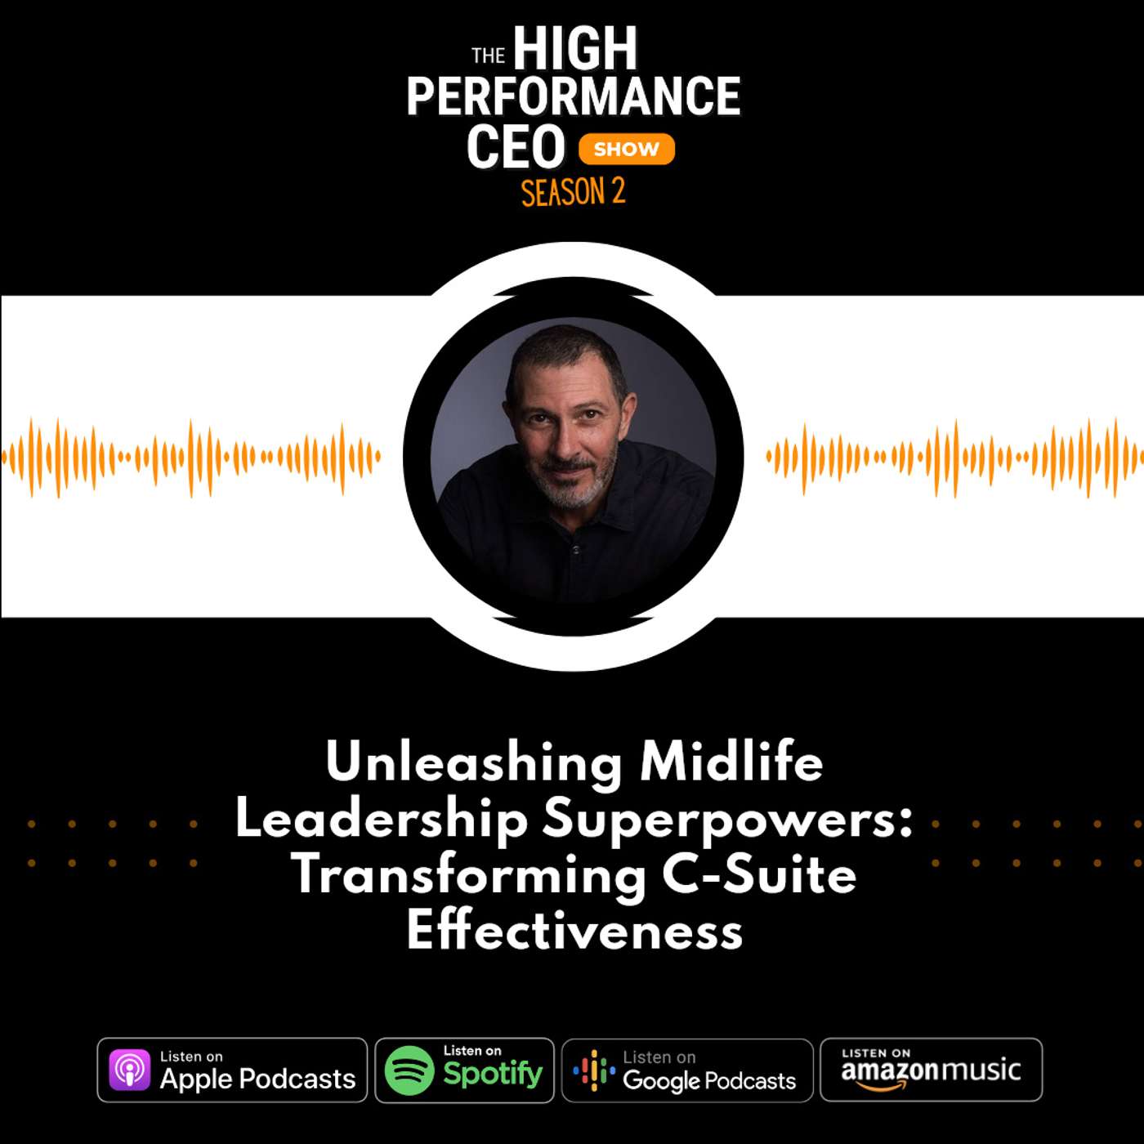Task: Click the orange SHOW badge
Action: coord(626,149)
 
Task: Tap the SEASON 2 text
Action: coord(573,193)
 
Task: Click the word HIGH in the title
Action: coord(574,49)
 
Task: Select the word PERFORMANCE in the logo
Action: coord(573,96)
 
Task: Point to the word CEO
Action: coord(516,148)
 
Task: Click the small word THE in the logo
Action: coord(488,56)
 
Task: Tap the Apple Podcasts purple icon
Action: coord(129,1070)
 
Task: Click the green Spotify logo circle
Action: coord(409,1070)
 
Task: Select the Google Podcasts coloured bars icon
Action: coord(594,1070)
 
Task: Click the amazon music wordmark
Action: coord(931,1071)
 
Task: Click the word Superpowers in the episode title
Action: coord(727,820)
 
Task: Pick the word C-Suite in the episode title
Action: coord(759,875)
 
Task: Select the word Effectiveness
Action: coord(574,931)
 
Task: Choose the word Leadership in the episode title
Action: coord(382,820)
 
